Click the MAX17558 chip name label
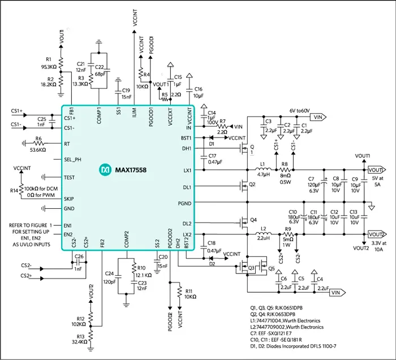(x=134, y=170)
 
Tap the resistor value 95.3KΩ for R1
(x=48, y=66)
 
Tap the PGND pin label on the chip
(x=184, y=202)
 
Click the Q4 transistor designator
(x=253, y=220)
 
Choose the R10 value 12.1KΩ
(x=144, y=275)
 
